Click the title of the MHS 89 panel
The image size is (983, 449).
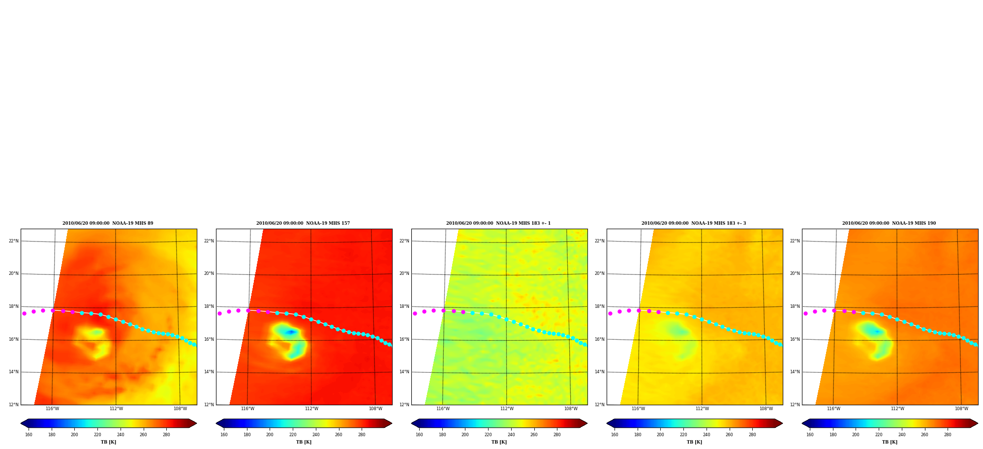pos(108,223)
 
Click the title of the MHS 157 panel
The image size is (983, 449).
pos(303,223)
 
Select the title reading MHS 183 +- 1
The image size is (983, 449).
pos(498,223)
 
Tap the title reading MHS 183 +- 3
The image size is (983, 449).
pos(694,223)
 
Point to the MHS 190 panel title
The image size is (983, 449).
pos(889,223)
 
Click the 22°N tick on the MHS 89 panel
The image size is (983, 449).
pos(13,241)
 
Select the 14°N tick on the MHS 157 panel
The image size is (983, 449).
pos(209,372)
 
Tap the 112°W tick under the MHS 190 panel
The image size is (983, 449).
pos(897,409)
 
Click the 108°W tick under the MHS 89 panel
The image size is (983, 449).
pos(180,409)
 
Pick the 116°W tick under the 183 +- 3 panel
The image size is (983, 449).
pos(638,409)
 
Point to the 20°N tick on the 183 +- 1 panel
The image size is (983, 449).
pos(404,273)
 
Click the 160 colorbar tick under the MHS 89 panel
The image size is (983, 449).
pos(29,435)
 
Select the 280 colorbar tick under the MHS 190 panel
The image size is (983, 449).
pos(948,435)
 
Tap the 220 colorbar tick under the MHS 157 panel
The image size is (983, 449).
pos(293,435)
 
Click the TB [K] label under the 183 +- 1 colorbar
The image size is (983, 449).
pos(499,442)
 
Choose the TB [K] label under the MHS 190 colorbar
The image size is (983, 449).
pos(890,442)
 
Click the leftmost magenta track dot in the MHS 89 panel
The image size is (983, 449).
pos(24,313)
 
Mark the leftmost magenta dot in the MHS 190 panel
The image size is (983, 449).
pos(805,313)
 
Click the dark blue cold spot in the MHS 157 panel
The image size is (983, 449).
pos(291,332)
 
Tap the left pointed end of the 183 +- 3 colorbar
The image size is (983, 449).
pos(607,423)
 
